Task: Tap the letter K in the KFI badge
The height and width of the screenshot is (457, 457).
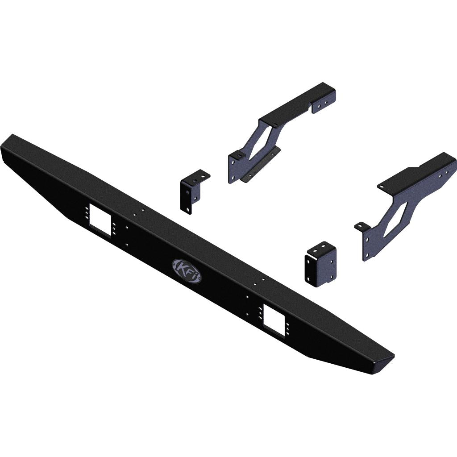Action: pos(181,266)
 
